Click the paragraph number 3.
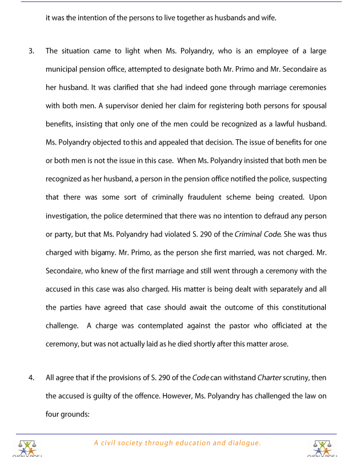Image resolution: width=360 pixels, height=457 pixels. (31, 51)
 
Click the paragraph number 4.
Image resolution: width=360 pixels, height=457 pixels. (31, 378)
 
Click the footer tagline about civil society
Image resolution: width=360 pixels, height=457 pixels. (178, 443)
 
